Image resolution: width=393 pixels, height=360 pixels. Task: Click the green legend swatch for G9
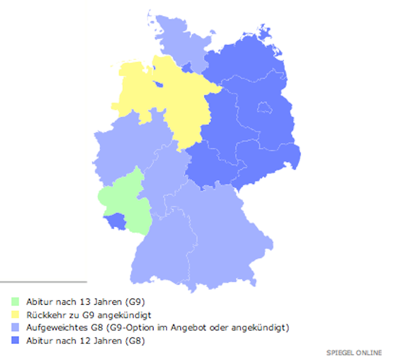16,302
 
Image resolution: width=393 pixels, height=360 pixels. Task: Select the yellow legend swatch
16,315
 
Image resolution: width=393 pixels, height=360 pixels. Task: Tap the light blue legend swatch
16,327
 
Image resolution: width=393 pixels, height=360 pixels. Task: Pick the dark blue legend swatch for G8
16,340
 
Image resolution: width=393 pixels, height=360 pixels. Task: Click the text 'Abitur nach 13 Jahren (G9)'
84,302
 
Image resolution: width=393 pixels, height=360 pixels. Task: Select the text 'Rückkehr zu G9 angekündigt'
84,315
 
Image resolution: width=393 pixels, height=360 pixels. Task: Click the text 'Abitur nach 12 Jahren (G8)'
84,340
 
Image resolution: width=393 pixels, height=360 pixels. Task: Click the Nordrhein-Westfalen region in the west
123,147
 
